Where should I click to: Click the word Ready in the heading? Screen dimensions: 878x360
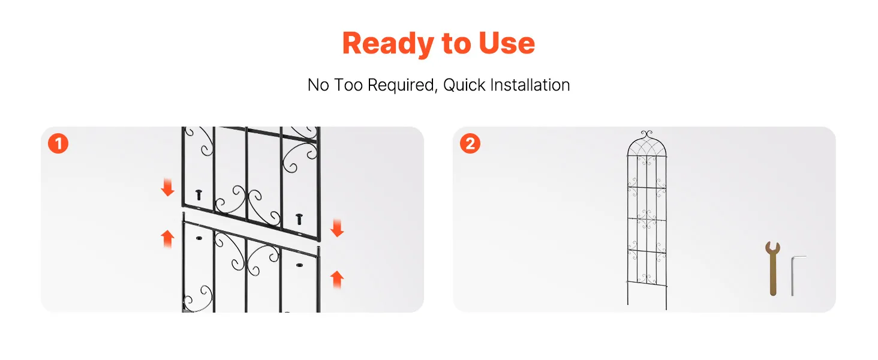click(387, 44)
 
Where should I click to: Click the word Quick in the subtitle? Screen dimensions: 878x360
click(464, 85)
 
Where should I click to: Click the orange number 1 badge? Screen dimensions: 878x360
click(58, 143)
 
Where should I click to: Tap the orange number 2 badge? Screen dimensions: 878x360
click(470, 143)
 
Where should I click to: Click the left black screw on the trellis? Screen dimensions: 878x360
click(199, 194)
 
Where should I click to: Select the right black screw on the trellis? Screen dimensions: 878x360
click(299, 219)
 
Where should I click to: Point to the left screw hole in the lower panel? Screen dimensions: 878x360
click(199, 238)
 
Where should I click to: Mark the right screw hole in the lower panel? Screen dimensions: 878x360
click(299, 265)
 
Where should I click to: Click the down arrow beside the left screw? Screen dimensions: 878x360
click(168, 187)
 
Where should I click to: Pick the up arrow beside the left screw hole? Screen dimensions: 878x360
click(168, 239)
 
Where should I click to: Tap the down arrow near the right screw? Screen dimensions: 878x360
click(337, 228)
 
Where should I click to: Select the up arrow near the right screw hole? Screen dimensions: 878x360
click(337, 280)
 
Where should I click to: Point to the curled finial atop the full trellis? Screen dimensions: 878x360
click(647, 134)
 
